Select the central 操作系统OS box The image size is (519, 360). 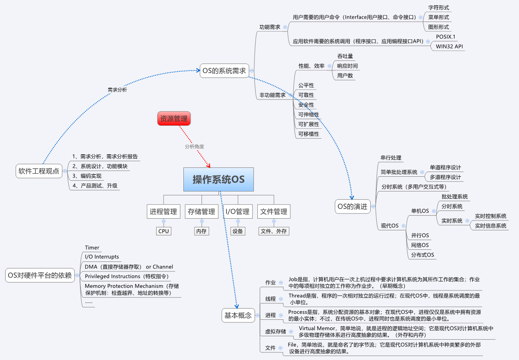click(x=218, y=179)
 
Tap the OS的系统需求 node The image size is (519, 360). click(x=224, y=71)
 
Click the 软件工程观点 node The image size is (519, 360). click(x=39, y=171)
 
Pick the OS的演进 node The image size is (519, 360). click(x=352, y=206)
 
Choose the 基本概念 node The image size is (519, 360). click(x=238, y=315)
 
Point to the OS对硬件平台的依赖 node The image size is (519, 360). click(x=40, y=275)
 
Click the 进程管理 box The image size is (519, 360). click(x=163, y=212)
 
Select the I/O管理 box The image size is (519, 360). click(x=237, y=212)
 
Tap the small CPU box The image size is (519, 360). click(x=163, y=231)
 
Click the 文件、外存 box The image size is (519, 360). click(x=273, y=231)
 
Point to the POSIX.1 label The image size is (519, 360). click(x=445, y=37)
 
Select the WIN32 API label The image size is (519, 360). click(x=449, y=46)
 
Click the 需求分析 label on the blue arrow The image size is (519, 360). click(x=117, y=90)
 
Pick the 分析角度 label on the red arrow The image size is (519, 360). click(x=194, y=147)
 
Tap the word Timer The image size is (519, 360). click(x=92, y=248)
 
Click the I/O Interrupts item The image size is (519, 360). click(x=102, y=257)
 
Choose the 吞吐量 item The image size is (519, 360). click(x=345, y=56)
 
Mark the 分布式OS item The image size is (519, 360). click(x=423, y=255)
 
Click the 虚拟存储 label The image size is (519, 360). click(x=276, y=331)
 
